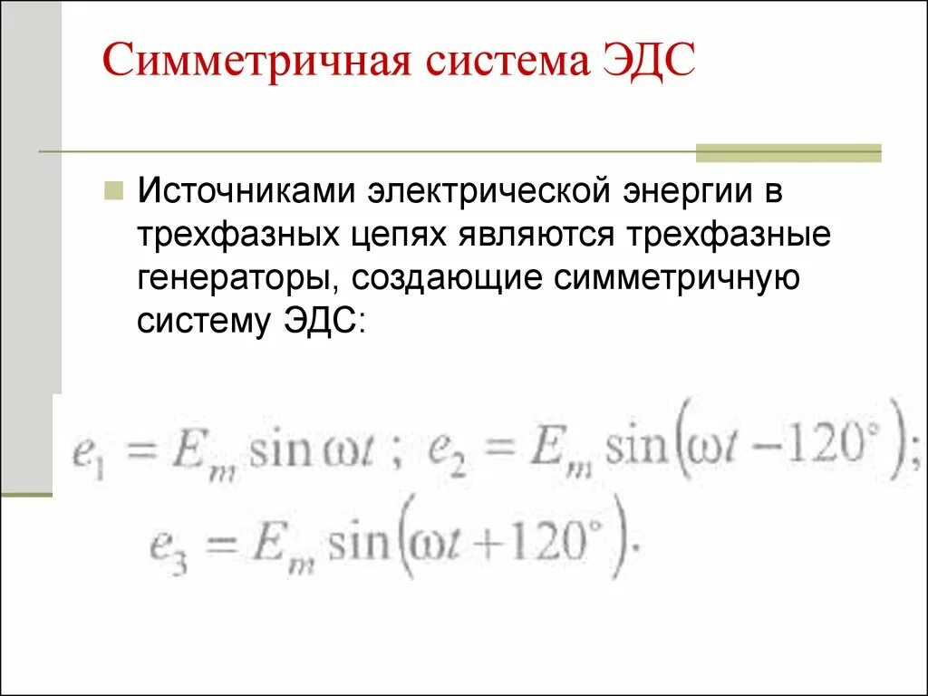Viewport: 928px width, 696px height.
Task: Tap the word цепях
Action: [400, 236]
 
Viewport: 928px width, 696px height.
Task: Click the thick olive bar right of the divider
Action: [788, 152]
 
